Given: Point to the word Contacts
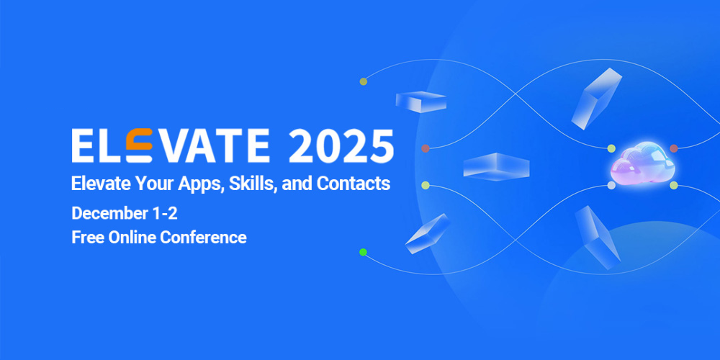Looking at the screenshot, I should coord(354,184).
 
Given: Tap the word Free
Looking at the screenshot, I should coord(87,237).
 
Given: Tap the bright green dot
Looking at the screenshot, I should coord(364,252).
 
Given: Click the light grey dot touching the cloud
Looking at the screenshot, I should coord(611,185).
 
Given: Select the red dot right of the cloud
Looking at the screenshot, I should coord(674,148).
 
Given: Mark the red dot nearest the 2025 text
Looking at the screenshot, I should coord(426,148).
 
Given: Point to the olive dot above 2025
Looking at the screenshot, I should coord(364,81).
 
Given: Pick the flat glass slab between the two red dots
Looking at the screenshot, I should coord(496,166).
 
